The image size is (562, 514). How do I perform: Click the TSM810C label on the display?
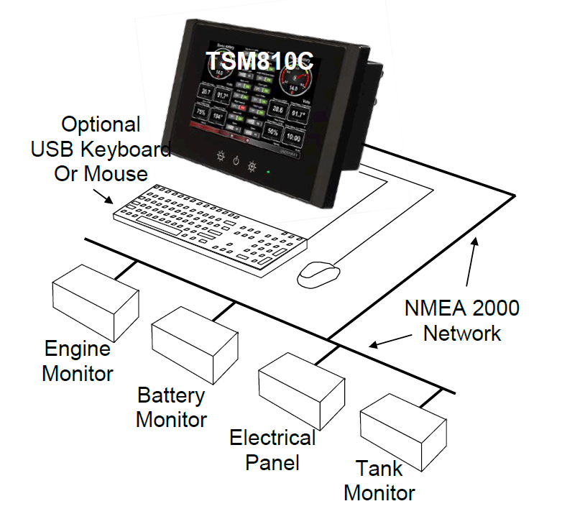click(261, 61)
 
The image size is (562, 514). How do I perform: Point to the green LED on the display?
click(267, 172)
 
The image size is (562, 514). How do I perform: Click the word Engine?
click(78, 349)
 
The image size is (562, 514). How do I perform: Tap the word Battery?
click(171, 395)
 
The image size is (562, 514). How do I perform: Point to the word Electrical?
click(272, 437)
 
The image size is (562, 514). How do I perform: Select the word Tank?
click(379, 469)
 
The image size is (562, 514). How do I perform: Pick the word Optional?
click(101, 124)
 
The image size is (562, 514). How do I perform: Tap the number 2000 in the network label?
click(492, 308)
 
